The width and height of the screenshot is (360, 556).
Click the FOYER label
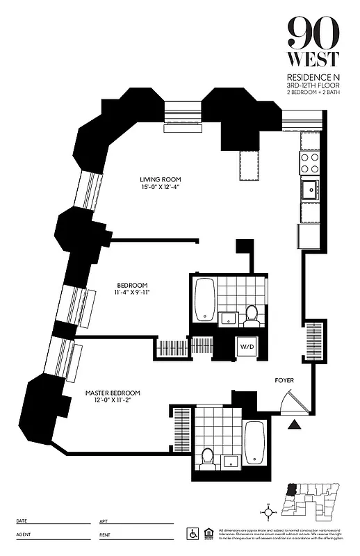click(x=284, y=380)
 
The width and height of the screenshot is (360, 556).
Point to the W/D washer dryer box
click(x=247, y=346)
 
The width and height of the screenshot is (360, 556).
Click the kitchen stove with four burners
click(x=309, y=163)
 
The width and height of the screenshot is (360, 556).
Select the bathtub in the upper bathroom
click(x=204, y=300)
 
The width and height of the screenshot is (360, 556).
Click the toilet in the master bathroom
click(x=206, y=457)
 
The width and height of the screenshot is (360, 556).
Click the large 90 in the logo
click(x=313, y=31)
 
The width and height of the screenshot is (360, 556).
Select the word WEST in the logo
click(x=313, y=60)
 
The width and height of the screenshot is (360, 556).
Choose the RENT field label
click(x=106, y=534)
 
